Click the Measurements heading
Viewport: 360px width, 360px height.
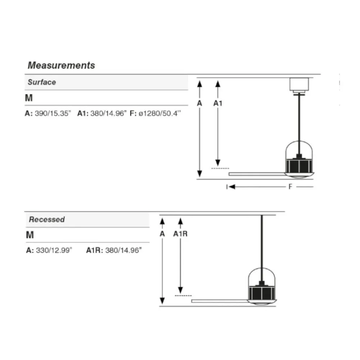pos(61,66)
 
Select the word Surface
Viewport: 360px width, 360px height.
pos(42,82)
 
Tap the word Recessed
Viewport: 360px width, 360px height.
pos(47,219)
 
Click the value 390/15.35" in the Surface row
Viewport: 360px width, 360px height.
pos(53,113)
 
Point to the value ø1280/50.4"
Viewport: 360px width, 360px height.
pos(160,113)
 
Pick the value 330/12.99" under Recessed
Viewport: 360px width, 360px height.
pos(54,250)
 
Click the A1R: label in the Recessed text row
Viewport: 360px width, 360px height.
pos(95,250)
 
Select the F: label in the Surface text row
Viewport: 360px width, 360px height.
pos(133,113)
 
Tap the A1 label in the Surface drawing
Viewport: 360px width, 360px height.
pos(218,103)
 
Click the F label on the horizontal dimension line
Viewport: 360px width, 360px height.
pos(291,186)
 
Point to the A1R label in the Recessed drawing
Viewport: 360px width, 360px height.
pos(180,234)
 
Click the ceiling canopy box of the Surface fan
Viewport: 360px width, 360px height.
pos(299,85)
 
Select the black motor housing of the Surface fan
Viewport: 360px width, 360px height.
pos(299,165)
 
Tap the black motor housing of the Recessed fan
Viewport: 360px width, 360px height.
pos(262,292)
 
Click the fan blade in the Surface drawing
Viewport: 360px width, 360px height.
pos(257,174)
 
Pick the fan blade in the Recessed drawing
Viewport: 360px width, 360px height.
pos(220,301)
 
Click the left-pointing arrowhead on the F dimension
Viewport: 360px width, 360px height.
pos(232,186)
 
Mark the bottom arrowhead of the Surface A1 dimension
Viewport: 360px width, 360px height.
pos(218,163)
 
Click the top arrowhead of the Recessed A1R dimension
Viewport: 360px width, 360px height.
pos(180,221)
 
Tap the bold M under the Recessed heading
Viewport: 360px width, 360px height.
pos(30,235)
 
